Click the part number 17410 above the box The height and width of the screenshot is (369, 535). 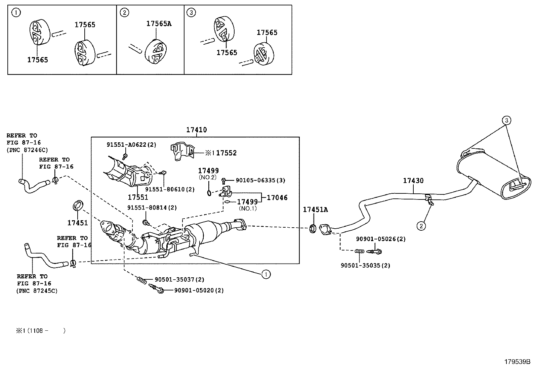197,130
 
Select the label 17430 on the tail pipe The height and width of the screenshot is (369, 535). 413,181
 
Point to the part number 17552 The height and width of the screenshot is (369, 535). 226,153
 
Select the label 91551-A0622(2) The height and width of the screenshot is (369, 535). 131,145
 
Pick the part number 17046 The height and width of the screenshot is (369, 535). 277,198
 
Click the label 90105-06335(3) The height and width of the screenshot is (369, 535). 260,180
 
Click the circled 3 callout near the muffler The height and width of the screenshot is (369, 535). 506,120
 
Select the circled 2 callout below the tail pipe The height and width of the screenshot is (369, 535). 421,226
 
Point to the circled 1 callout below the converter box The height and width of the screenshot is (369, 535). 265,275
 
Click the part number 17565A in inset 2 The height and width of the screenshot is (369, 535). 159,24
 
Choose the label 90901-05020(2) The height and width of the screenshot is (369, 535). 199,290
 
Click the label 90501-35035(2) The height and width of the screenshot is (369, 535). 365,265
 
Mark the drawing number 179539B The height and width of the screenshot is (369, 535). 517,362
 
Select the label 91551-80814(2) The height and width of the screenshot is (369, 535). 152,208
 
